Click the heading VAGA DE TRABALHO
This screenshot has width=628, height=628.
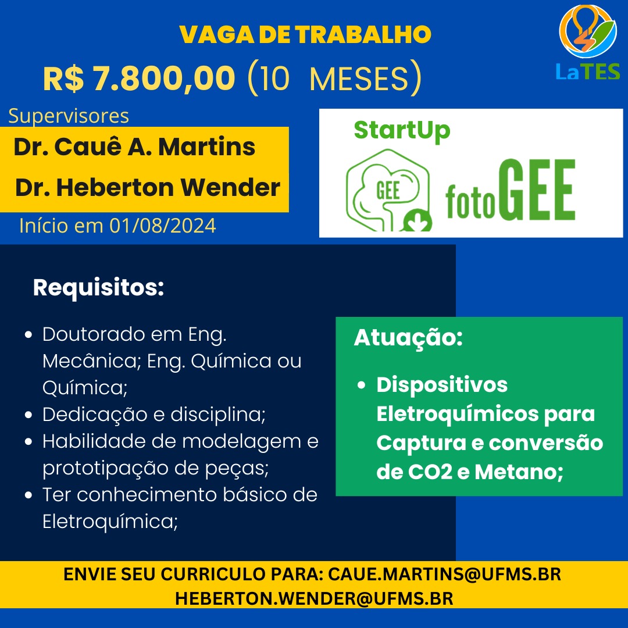(x=305, y=34)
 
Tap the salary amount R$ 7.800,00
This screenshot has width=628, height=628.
(x=139, y=78)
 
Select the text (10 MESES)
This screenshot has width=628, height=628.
(x=335, y=78)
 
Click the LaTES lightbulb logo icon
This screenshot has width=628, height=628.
(x=587, y=31)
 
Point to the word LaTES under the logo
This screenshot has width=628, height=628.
(x=587, y=72)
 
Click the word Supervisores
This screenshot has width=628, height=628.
(x=69, y=116)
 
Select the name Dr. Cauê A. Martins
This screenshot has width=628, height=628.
(x=134, y=147)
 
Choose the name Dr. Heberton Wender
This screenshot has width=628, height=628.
(x=147, y=187)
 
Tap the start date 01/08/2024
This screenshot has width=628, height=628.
(x=163, y=226)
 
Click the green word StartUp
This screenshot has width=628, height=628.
(x=402, y=131)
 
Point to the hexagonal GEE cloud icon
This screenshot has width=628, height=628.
(x=388, y=190)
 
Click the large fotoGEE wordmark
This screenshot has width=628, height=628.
(x=511, y=190)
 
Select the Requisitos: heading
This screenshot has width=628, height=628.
(x=98, y=288)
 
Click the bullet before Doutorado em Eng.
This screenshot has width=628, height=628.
(x=28, y=334)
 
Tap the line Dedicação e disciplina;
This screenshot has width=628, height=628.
(x=154, y=415)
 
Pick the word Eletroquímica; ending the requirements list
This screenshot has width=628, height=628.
(x=110, y=522)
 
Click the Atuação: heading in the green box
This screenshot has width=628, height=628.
(x=408, y=338)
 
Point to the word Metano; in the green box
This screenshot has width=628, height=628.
(x=519, y=472)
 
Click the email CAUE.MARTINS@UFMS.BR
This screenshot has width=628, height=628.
(x=445, y=575)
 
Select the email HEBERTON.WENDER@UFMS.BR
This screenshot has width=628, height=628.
(x=314, y=599)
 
